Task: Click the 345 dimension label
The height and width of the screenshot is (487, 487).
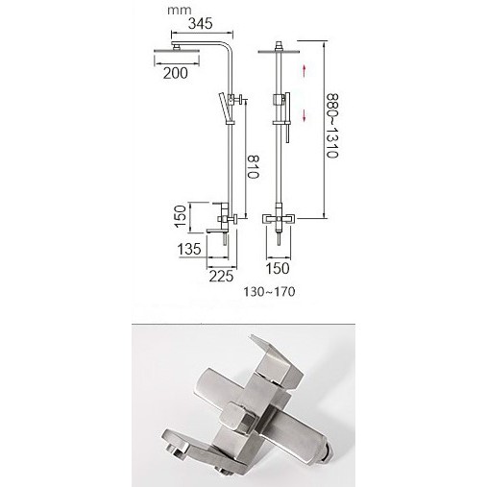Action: [x=201, y=23]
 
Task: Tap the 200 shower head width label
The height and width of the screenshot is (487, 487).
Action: [x=176, y=73]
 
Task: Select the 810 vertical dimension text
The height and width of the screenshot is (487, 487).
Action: [x=253, y=166]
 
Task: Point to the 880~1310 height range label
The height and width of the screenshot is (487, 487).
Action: [x=332, y=126]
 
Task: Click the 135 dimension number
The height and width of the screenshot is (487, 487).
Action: [x=189, y=249]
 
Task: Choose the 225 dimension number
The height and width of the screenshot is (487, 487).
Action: [x=221, y=276]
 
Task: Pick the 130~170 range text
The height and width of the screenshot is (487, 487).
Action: [x=270, y=292]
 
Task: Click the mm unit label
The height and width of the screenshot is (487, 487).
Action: [x=180, y=11]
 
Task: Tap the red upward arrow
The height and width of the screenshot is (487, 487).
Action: [x=304, y=70]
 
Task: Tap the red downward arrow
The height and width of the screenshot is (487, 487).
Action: [x=304, y=115]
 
